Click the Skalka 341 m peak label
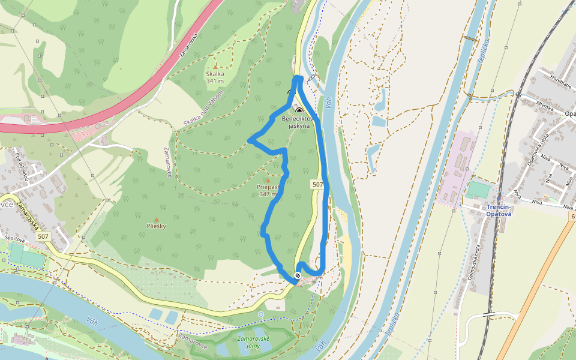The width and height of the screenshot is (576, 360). point(215,77)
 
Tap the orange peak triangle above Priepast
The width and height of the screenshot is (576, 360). point(268,179)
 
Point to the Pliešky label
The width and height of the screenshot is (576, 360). point(157,226)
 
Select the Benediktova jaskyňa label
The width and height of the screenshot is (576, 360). point(299,122)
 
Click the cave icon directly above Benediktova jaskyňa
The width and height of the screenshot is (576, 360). point(299,110)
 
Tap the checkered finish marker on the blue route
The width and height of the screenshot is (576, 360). point(297,276)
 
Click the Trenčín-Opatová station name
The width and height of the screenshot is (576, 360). point(499,210)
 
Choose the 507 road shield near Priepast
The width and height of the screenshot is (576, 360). point(317,185)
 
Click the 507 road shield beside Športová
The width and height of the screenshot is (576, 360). point(43,237)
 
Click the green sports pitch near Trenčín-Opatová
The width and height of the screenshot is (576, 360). point(478,190)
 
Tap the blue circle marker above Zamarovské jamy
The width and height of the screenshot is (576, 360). point(260,314)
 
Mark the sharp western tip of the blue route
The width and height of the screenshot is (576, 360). point(250,140)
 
